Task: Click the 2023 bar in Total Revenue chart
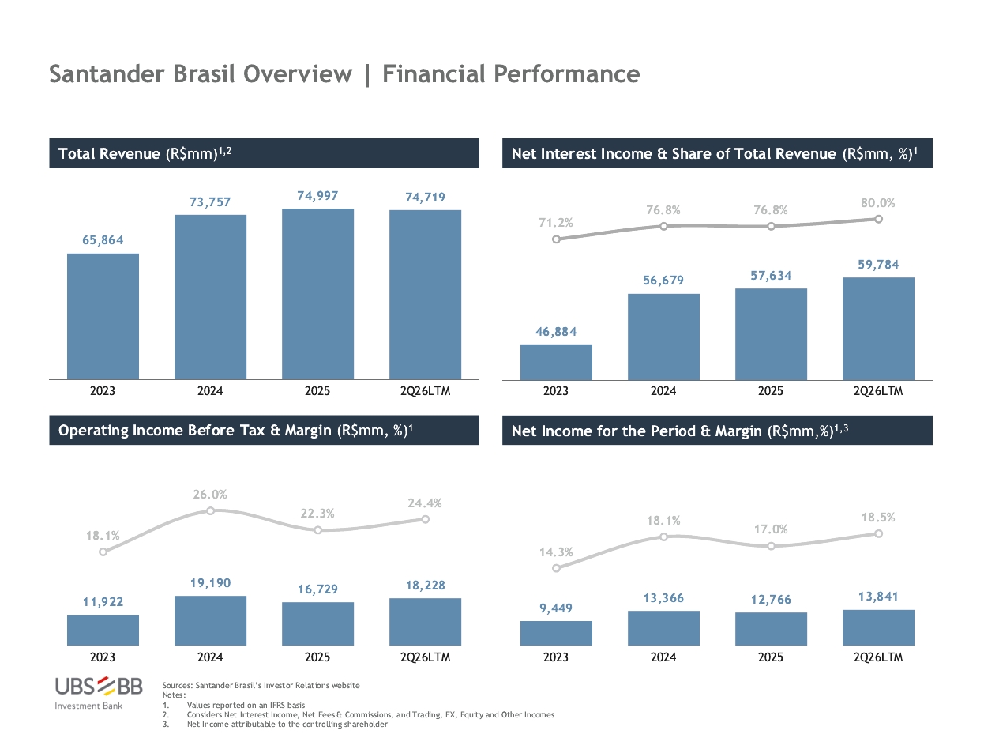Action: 103,317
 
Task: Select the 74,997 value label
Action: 317,195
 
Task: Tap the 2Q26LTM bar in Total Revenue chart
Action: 425,295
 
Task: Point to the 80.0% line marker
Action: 878,219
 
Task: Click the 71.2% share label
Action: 556,222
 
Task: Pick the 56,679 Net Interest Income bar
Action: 663,337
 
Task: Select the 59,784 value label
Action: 878,265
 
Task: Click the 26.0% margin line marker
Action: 210,510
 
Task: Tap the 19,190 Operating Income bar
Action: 210,620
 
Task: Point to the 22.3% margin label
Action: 317,514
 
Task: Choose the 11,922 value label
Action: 103,601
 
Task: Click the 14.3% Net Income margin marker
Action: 556,568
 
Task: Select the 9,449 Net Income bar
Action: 556,633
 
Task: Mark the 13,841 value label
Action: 878,597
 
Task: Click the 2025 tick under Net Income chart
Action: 771,657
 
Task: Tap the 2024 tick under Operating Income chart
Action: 210,657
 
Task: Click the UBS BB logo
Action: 99,693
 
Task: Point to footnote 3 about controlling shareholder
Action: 276,724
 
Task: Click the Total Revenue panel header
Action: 264,153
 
